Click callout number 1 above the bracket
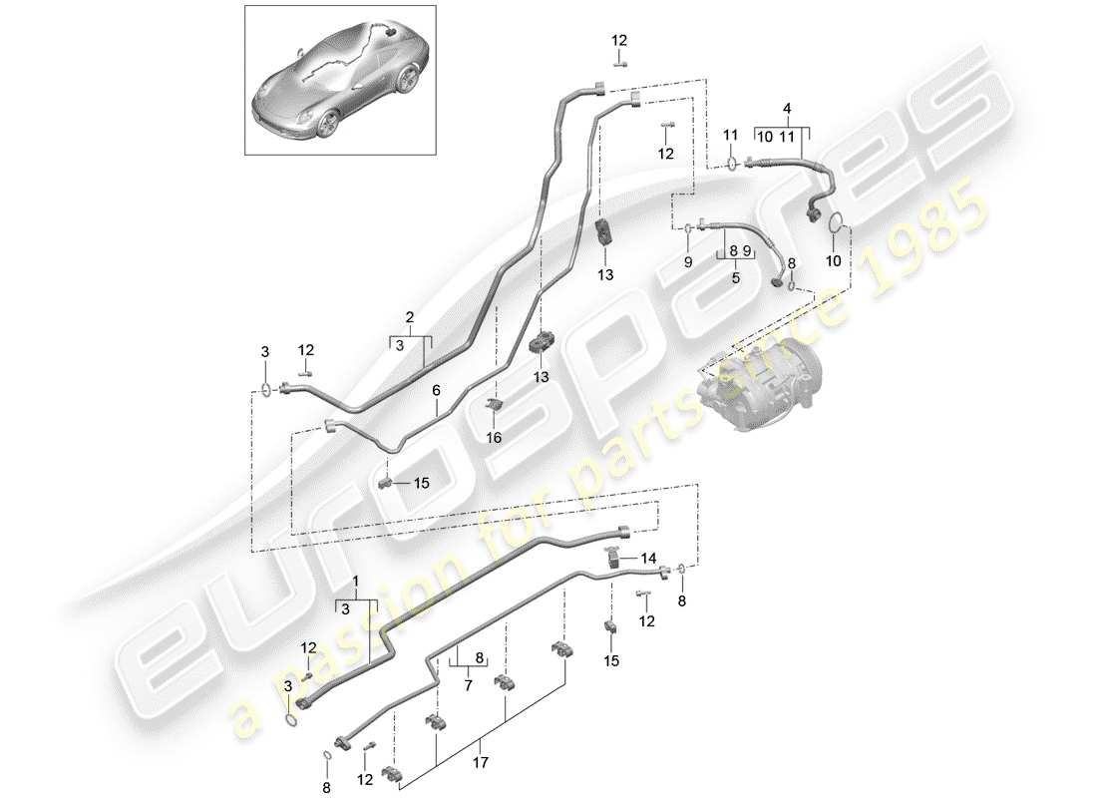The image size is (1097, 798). (355, 580)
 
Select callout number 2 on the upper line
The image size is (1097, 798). (409, 318)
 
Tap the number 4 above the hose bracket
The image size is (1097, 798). (787, 107)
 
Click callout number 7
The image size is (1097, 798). (466, 687)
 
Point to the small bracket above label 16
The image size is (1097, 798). (493, 403)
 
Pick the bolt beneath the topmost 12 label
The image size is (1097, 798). (618, 62)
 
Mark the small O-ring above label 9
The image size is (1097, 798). (687, 229)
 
